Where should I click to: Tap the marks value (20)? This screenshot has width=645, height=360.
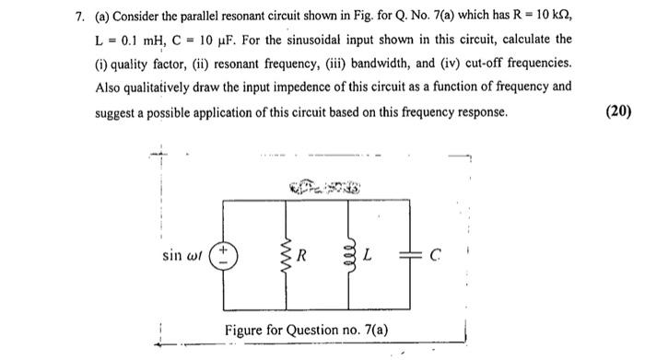pos(618,111)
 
